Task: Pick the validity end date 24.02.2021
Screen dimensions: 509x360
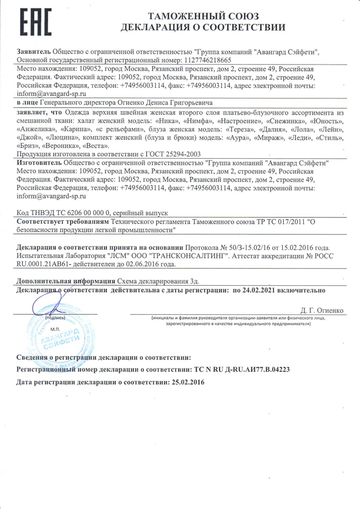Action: pyautogui.click(x=256, y=290)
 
